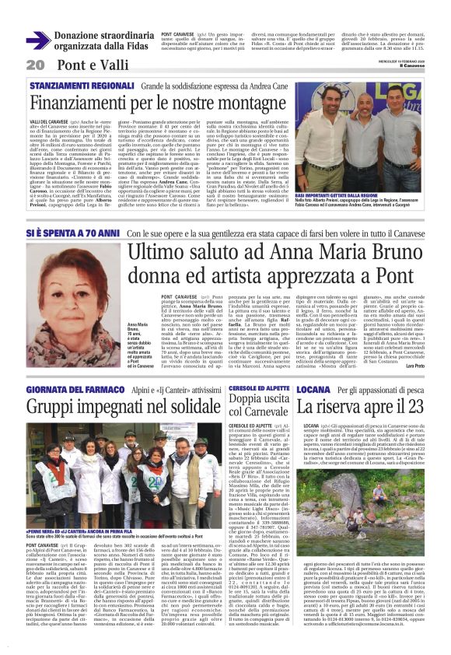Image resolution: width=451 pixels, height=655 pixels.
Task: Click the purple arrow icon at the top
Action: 38,40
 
